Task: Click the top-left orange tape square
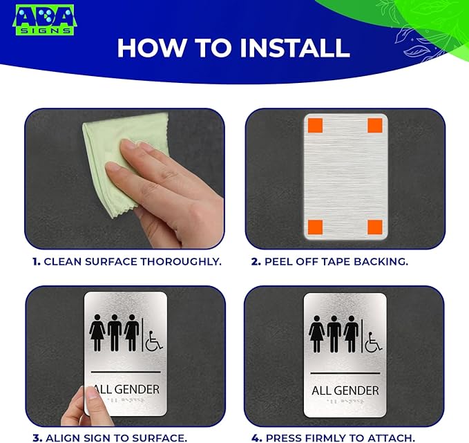(314, 126)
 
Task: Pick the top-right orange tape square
(375, 126)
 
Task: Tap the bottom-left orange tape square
(314, 227)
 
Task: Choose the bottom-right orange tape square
(375, 227)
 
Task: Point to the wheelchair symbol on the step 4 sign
(373, 341)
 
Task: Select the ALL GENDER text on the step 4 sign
(345, 390)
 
